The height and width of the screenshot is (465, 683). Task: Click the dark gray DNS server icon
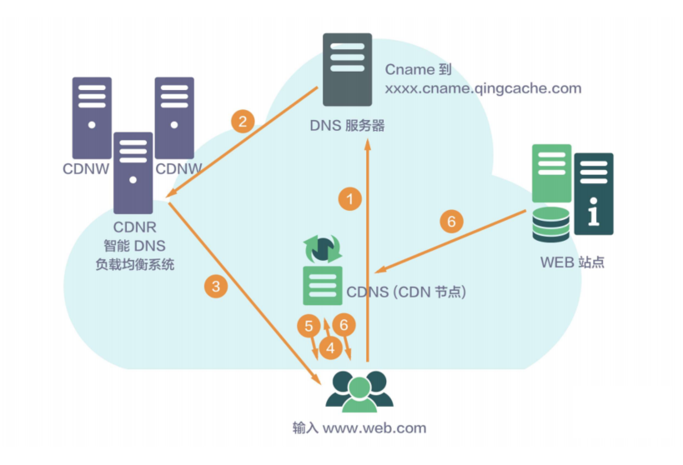[x=347, y=70]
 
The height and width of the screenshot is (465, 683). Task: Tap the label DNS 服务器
[x=347, y=126]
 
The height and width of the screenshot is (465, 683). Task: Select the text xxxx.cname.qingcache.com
[x=483, y=89]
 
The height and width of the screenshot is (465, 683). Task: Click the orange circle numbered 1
[x=349, y=199]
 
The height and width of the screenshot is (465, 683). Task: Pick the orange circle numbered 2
[x=243, y=121]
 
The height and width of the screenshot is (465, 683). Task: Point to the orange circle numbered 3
[x=216, y=286]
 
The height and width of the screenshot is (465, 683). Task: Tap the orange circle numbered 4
[x=330, y=347]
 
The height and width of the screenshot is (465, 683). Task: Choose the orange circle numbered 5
[x=309, y=326]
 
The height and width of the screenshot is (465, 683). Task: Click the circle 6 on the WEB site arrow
[x=451, y=221]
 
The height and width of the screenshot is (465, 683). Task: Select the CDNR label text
[x=134, y=227]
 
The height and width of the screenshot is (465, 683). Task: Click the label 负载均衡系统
[x=134, y=264]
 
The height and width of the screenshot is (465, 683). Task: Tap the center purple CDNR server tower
[x=133, y=172]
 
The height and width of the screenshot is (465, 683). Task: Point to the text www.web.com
[x=374, y=428]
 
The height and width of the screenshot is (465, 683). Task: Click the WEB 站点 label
[x=572, y=262]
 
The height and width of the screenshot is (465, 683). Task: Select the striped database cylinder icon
[x=551, y=224]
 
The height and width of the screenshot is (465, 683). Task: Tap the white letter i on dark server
[x=593, y=212]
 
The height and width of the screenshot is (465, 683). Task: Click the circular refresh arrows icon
[x=323, y=249]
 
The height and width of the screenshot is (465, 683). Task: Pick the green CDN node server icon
[x=323, y=286]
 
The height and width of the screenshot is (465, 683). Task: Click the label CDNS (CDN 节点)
[x=406, y=292]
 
